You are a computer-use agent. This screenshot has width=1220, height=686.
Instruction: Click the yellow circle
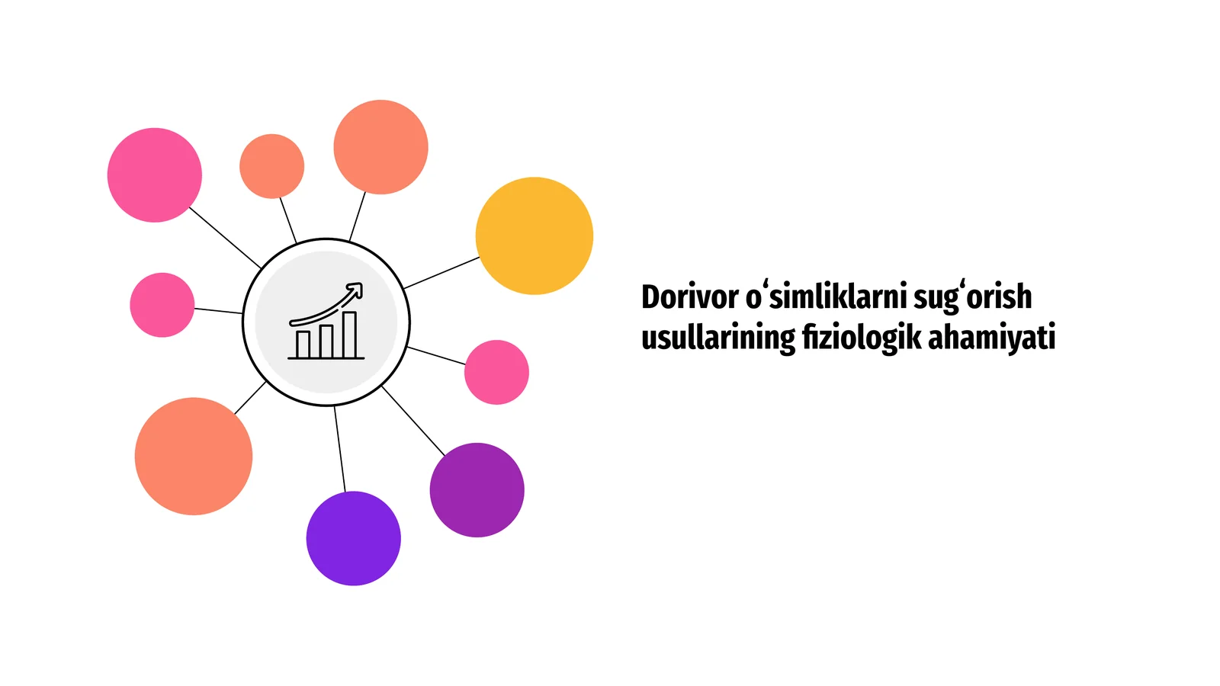point(535,236)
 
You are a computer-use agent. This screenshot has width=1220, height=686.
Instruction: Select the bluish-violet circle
point(354,538)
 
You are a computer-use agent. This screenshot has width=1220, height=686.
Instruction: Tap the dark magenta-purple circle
point(477,490)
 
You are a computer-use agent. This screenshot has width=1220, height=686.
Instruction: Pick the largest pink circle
point(155,175)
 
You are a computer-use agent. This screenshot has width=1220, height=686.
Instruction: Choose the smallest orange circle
point(271,166)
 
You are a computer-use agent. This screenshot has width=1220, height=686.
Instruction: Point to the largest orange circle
point(194,457)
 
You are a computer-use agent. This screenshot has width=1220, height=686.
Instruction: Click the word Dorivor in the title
point(689,297)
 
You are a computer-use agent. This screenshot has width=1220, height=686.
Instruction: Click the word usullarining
point(718,338)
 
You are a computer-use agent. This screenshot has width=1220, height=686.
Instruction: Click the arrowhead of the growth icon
point(356,289)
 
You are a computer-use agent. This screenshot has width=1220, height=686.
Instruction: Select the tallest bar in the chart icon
point(350,335)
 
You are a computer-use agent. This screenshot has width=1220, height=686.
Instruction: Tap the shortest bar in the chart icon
point(303,344)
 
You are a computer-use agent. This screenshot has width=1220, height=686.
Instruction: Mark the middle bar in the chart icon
point(326,341)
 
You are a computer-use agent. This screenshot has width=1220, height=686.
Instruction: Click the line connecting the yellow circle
point(441,273)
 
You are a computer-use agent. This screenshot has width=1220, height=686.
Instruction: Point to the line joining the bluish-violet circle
point(340,449)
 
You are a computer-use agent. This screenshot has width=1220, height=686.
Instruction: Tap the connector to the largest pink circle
point(226,238)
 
